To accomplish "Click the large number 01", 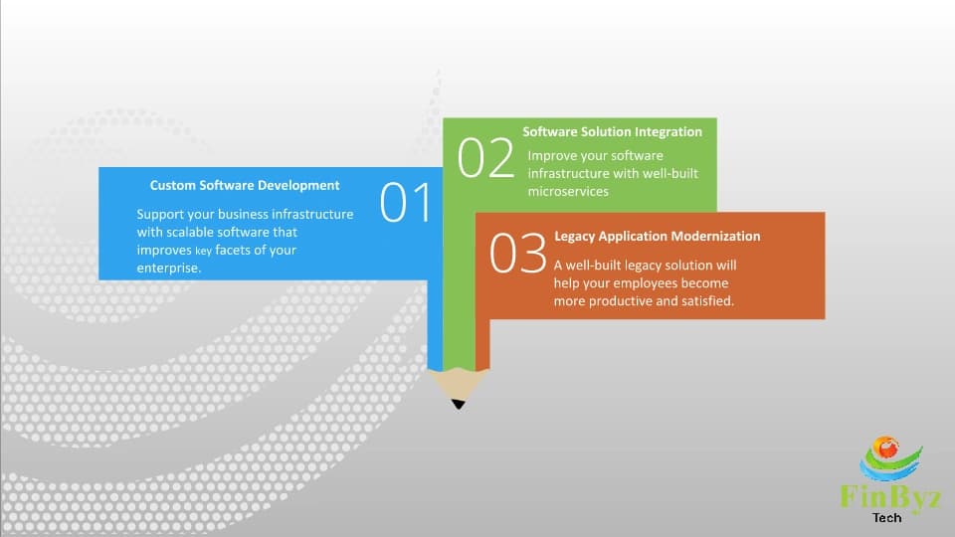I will [406, 202].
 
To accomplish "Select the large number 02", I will [485, 159].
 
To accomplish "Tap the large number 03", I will [518, 255].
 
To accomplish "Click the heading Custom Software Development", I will [245, 185].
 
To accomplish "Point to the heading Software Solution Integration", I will [613, 131].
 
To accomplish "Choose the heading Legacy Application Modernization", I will [657, 237].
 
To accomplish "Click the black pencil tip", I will [458, 403].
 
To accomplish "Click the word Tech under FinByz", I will [887, 517].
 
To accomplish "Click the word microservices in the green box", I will [568, 191].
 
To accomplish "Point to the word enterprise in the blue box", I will [168, 268].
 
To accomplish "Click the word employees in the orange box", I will [643, 282].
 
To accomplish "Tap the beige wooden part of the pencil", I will [458, 383].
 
